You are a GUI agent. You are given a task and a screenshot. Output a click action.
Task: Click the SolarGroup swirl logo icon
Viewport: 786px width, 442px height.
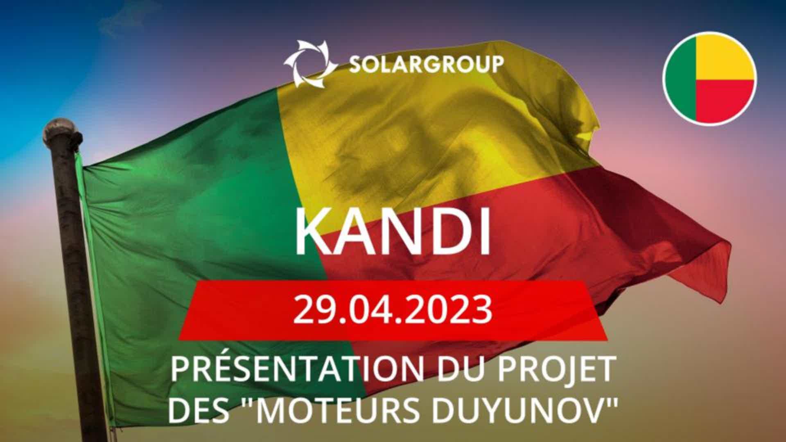[311, 64]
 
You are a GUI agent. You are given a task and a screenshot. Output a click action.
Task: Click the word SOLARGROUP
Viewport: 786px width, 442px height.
[426, 65]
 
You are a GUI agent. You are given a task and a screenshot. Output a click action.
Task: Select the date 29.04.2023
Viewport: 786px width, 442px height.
[393, 310]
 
